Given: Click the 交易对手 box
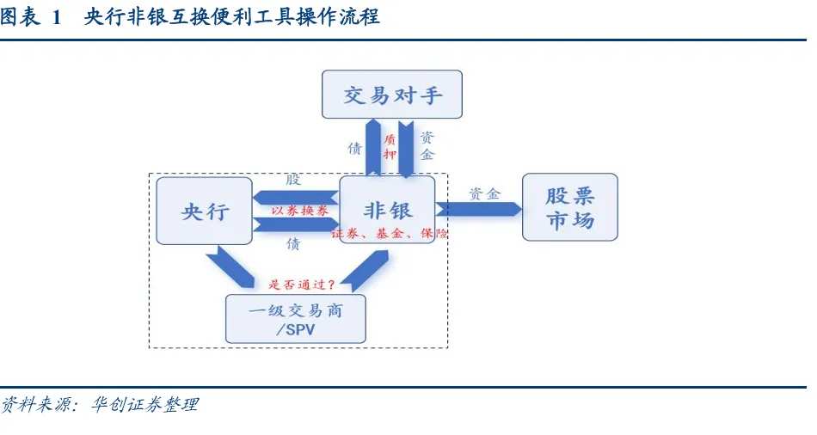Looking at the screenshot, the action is point(392,95).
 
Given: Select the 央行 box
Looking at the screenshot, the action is point(205,211).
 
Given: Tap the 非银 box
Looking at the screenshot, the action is point(387,210).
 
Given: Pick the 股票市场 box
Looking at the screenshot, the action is point(570,207).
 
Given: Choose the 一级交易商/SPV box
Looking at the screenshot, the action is point(296,319).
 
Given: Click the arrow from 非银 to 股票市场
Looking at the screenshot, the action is point(478,209).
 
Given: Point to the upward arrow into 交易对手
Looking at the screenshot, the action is point(373,147).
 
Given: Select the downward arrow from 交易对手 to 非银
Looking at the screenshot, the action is point(405,149).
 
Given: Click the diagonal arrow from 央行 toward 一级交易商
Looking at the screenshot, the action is point(230,267).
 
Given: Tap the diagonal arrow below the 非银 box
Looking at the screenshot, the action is point(369,271).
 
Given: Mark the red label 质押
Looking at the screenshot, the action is point(390,146).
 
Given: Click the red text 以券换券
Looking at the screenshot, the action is point(299,211).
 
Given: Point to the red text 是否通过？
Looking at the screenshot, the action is point(302,285).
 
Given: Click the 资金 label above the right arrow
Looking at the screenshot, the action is point(484,193).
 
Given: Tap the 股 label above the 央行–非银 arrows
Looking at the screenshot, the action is point(293,179).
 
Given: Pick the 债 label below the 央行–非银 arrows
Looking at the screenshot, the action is point(293,243).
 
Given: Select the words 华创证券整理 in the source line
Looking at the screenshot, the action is point(144,404).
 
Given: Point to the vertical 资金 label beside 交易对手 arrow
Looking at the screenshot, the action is point(427,146).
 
